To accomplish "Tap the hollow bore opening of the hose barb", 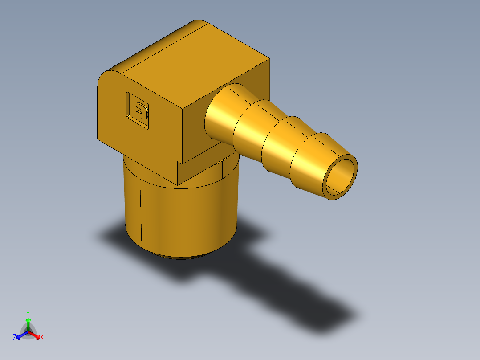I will click(341, 177).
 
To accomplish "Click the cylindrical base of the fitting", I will click(183, 218).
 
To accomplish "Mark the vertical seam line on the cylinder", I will click(141, 214).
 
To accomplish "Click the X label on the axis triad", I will click(42, 337).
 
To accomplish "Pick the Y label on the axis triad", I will click(28, 313).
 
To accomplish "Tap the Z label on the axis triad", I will click(15, 337).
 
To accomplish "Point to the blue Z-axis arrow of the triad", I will click(20, 335).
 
